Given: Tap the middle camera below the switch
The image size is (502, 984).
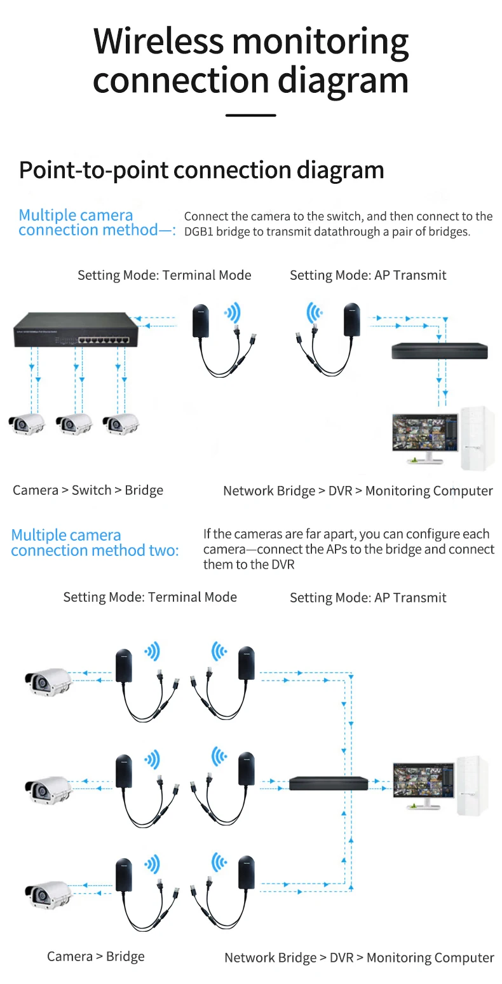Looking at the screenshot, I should tap(73, 423).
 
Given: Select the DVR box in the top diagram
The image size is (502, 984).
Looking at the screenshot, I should tap(439, 350).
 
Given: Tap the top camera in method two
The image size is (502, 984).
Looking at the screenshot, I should tap(48, 683).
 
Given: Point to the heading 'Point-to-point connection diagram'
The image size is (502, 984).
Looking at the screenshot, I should tap(201, 170).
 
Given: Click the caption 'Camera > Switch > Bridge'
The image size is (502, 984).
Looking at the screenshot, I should tap(88, 490).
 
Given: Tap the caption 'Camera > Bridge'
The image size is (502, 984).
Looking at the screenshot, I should tap(95, 957).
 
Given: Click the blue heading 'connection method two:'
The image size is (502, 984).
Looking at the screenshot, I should tap(95, 550).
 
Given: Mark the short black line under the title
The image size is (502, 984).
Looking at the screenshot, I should tap(251, 115).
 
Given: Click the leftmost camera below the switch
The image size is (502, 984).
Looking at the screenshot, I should tap(26, 423).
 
